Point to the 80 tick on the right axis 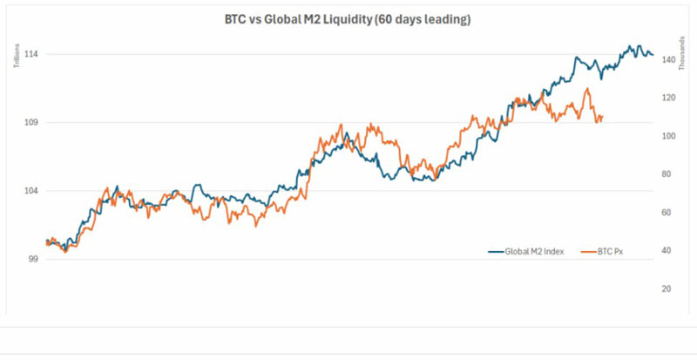pyautogui.click(x=667, y=174)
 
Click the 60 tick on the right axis pyautogui.click(x=667, y=213)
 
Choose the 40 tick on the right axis pyautogui.click(x=667, y=251)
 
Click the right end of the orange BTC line pyautogui.click(x=603, y=117)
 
